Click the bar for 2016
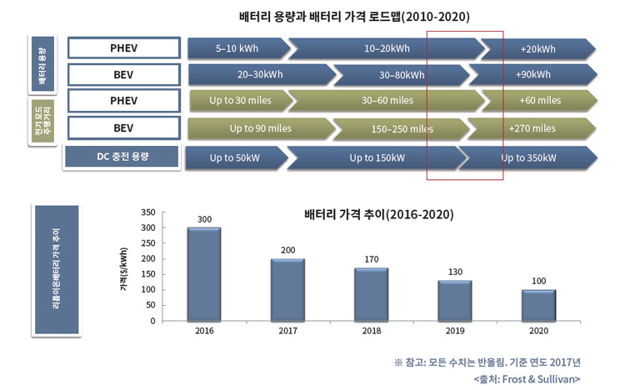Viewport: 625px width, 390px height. tap(204, 274)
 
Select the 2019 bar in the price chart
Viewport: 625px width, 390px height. tap(455, 301)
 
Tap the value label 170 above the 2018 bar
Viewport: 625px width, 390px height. tap(372, 259)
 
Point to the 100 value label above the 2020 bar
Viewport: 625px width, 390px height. tap(538, 281)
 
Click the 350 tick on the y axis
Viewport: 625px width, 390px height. tap(147, 212)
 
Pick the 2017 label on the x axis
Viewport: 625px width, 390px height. tap(287, 331)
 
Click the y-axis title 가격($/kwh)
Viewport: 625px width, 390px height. tap(124, 269)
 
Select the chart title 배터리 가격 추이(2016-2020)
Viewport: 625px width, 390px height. tap(378, 214)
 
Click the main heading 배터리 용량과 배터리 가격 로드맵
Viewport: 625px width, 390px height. tap(320, 17)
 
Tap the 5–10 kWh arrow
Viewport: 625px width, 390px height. tap(239, 48)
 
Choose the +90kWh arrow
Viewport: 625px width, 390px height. tap(533, 74)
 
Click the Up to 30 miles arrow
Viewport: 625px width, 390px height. tap(242, 101)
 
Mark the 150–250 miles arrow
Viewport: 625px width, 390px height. tap(402, 129)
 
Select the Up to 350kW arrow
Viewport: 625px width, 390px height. tap(528, 157)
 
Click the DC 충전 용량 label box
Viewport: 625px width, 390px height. tap(122, 157)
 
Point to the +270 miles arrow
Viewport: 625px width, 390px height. tap(532, 128)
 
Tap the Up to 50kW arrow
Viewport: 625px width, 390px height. tap(237, 157)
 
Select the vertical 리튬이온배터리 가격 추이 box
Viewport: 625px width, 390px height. tap(57, 269)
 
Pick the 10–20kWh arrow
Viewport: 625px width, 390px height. tap(387, 48)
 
